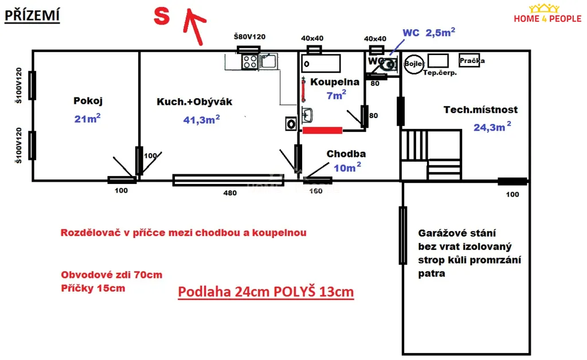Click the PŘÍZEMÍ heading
pyautogui.click(x=32, y=15)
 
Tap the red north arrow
pyautogui.click(x=194, y=26)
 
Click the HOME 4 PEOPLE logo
pyautogui.click(x=547, y=14)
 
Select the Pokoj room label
pyautogui.click(x=88, y=101)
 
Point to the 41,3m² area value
pyautogui.click(x=201, y=119)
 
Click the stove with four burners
pyautogui.click(x=250, y=62)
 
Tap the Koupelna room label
pyautogui.click(x=335, y=82)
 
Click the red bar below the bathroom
pyautogui.click(x=322, y=130)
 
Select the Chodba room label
pyautogui.click(x=346, y=154)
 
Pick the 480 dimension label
pyautogui.click(x=230, y=193)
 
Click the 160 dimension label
pyautogui.click(x=316, y=191)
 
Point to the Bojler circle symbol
pyautogui.click(x=414, y=64)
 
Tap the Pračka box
pyautogui.click(x=469, y=61)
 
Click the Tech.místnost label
pyautogui.click(x=481, y=109)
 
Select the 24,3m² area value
pyautogui.click(x=492, y=127)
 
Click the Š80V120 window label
pyautogui.click(x=249, y=37)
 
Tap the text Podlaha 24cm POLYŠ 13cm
pyautogui.click(x=266, y=292)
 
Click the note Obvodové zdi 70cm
pyautogui.click(x=112, y=275)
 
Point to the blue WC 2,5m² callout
pyautogui.click(x=429, y=33)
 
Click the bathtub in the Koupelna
pyautogui.click(x=321, y=63)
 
